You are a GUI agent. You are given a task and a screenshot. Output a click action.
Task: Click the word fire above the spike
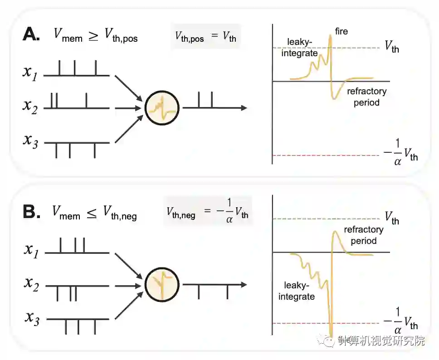click(x=341, y=33)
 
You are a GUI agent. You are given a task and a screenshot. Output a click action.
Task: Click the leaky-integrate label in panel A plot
click(x=302, y=48)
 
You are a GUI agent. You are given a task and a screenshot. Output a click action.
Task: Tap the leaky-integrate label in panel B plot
click(x=299, y=291)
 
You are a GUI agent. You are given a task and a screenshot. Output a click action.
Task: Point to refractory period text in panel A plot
click(x=366, y=97)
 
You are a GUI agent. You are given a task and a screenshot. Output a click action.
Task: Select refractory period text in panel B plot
click(x=364, y=235)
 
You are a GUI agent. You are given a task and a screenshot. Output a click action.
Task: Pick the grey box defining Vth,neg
click(x=207, y=211)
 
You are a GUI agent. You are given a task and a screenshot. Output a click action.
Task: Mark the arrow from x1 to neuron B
click(x=128, y=264)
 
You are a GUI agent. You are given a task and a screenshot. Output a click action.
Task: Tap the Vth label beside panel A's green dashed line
click(x=392, y=46)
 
